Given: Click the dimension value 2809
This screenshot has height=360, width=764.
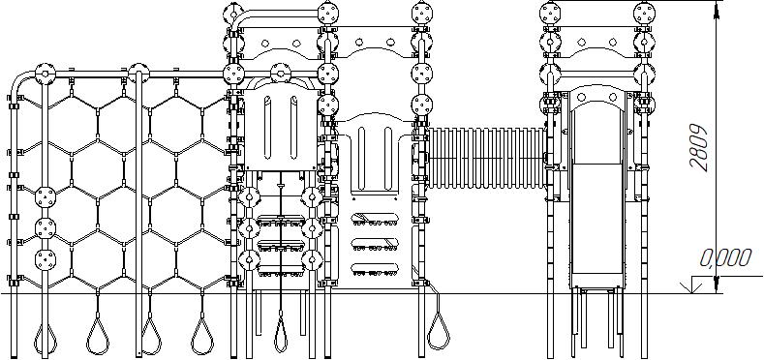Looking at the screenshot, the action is point(699,147).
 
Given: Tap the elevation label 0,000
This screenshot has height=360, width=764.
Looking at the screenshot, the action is point(725,258).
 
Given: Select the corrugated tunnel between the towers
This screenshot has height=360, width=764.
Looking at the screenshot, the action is point(486,158).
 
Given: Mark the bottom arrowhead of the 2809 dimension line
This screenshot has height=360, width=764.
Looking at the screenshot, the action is point(716,285).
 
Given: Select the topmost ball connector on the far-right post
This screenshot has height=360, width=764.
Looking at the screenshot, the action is point(644,13).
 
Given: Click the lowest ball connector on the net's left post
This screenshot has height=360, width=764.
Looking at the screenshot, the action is point(46,259).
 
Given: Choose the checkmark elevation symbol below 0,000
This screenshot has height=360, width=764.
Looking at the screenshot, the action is point(692,285).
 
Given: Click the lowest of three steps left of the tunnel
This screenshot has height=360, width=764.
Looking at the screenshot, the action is point(375,268).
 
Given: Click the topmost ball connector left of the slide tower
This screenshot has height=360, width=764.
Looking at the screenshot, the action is point(551,13).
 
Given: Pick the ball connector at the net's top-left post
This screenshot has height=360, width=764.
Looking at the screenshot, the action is point(46,75).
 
